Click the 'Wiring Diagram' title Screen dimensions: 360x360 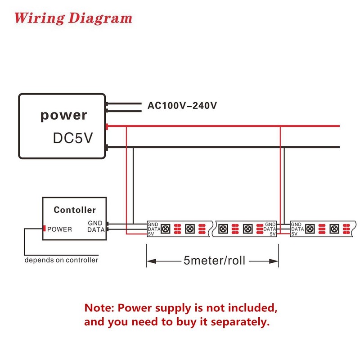pyautogui.click(x=73, y=18)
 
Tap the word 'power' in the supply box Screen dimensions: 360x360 pyautogui.click(x=64, y=115)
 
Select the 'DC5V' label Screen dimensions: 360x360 pyautogui.click(x=73, y=138)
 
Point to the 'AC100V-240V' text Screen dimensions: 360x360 pyautogui.click(x=182, y=106)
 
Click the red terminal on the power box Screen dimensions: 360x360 pyautogui.click(x=107, y=126)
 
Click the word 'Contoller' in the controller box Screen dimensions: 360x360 pyautogui.click(x=75, y=210)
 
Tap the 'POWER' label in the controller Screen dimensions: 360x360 pyautogui.click(x=59, y=229)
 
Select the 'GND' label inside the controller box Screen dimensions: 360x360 pyautogui.click(x=95, y=223)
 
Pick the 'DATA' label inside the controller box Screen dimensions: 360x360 pyautogui.click(x=96, y=230)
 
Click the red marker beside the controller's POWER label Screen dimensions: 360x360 pyautogui.click(x=44, y=229)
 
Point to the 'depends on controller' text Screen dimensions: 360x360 pyautogui.click(x=61, y=260)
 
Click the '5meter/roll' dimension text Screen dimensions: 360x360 pyautogui.click(x=215, y=261)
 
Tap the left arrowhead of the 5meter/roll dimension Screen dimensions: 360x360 pyautogui.click(x=152, y=261)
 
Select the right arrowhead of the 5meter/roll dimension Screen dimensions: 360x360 pyautogui.click(x=274, y=261)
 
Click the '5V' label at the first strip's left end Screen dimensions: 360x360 pyautogui.click(x=151, y=234)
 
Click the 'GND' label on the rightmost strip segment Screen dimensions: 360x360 pyautogui.click(x=296, y=224)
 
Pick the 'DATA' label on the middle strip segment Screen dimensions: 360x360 pyautogui.click(x=270, y=229)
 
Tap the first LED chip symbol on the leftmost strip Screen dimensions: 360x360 pyautogui.click(x=165, y=229)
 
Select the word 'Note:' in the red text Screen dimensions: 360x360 pyautogui.click(x=99, y=308)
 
